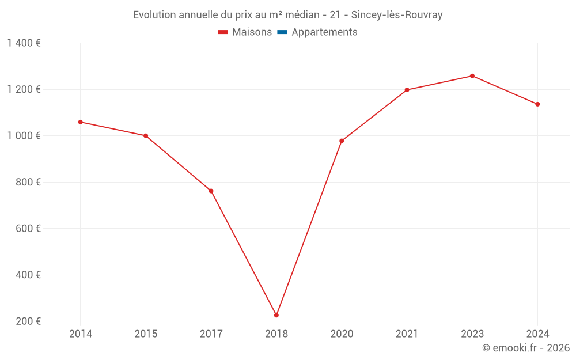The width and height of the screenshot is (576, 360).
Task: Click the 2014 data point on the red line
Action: click(81, 122)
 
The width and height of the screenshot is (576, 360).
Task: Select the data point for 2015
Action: click(146, 136)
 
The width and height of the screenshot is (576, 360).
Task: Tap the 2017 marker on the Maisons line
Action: click(211, 191)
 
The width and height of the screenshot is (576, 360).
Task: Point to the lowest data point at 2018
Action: click(276, 315)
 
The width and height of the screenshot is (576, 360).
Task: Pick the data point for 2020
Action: click(342, 141)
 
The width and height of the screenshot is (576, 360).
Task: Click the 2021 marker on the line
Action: click(407, 90)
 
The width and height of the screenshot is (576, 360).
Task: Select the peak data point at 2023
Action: click(472, 76)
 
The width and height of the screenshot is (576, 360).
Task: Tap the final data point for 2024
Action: click(537, 104)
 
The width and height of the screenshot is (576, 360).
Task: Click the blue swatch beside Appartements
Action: click(282, 32)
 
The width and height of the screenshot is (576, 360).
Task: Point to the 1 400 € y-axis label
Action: click(24, 43)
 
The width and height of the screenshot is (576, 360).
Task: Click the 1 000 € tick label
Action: click(24, 136)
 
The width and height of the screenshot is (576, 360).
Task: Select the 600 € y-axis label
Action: click(28, 229)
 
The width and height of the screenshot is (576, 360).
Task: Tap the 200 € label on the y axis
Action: click(28, 321)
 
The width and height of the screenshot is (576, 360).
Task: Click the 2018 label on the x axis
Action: click(276, 334)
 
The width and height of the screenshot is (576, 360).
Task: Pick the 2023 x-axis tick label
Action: click(472, 334)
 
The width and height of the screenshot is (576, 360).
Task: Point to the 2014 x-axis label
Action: click(81, 334)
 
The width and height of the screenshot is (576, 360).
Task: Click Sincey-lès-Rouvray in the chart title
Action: click(397, 15)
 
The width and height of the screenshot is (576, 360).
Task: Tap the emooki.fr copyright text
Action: click(526, 348)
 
